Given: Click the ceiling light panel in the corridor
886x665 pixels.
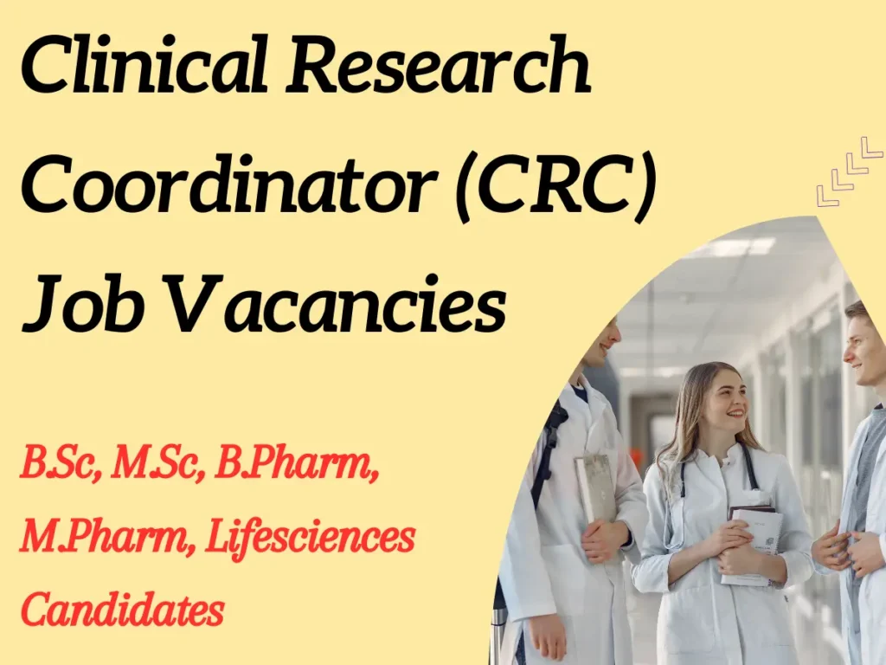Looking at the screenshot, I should (735, 247).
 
